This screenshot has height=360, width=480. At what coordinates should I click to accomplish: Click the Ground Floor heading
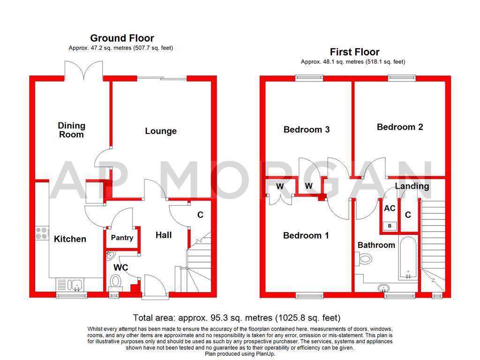click(122, 38)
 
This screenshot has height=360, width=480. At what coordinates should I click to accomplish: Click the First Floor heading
click(354, 52)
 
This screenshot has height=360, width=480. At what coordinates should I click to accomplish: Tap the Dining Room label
click(71, 130)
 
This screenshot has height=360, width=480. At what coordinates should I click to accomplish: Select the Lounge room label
click(161, 131)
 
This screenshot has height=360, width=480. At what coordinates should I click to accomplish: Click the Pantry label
click(122, 238)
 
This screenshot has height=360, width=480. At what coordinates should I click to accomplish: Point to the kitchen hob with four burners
click(42, 233)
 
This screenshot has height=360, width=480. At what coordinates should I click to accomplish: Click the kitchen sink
click(69, 285)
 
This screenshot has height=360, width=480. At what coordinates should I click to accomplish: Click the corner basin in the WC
click(110, 255)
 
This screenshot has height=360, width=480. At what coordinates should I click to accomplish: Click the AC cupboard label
click(390, 209)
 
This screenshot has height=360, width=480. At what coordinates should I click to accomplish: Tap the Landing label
click(412, 186)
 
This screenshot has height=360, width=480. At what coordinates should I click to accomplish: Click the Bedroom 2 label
click(400, 127)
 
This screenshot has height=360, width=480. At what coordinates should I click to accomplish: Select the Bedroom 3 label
click(307, 129)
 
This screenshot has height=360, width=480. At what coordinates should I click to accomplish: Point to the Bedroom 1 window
click(309, 295)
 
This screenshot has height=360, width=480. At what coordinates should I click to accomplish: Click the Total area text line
click(236, 318)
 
